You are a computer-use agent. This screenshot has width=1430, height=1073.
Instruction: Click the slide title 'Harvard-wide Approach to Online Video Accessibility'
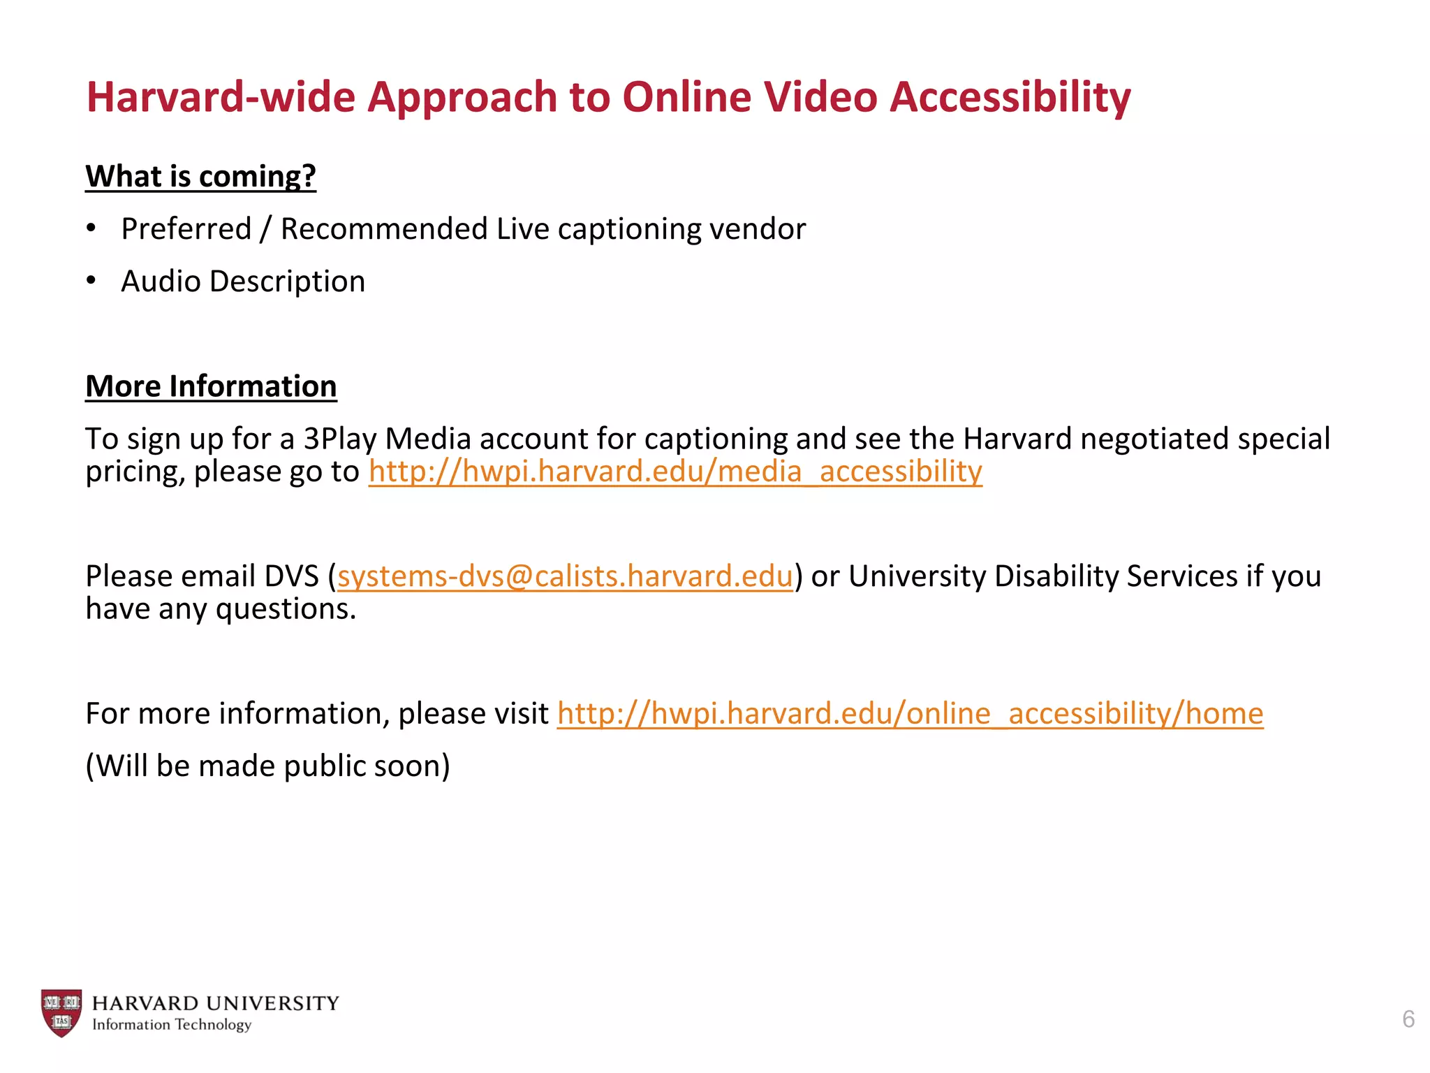(x=608, y=96)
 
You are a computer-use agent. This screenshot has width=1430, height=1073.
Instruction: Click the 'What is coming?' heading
(x=200, y=176)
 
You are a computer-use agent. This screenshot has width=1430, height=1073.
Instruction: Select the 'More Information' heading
(x=211, y=386)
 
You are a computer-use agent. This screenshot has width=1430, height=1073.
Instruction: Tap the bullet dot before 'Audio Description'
(x=91, y=281)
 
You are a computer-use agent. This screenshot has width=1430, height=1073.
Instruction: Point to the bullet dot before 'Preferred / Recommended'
(x=91, y=228)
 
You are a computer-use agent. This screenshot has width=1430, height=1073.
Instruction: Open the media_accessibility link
(x=675, y=472)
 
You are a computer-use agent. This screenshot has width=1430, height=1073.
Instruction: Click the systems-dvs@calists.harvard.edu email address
(x=565, y=576)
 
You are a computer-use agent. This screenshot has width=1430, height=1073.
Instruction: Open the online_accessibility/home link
(x=910, y=714)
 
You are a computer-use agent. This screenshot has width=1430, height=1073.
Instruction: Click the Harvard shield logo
(x=61, y=1013)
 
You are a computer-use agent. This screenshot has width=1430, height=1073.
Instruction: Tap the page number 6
(x=1408, y=1019)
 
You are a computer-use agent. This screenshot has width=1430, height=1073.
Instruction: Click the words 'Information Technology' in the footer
(x=172, y=1025)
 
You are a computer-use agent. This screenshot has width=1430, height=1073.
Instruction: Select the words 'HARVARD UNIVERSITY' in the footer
(x=215, y=1003)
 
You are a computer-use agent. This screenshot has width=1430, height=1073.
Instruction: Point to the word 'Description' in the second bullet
(x=287, y=282)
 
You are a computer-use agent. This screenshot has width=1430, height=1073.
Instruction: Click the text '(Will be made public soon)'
(x=267, y=766)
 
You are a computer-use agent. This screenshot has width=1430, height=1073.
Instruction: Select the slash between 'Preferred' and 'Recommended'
(x=265, y=229)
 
